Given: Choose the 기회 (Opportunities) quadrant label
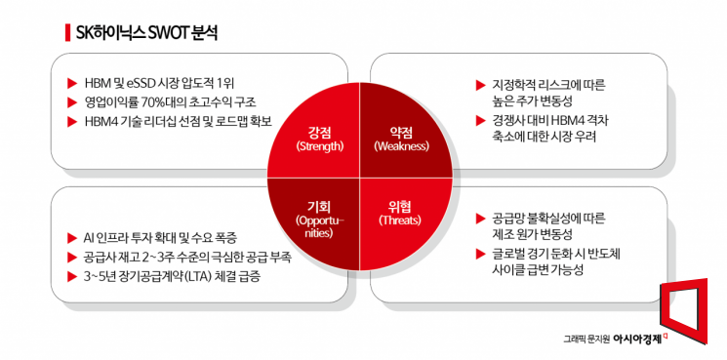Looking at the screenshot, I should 318,216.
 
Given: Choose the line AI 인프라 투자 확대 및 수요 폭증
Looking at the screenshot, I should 160,238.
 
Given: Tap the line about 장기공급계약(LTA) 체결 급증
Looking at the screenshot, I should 170,277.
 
